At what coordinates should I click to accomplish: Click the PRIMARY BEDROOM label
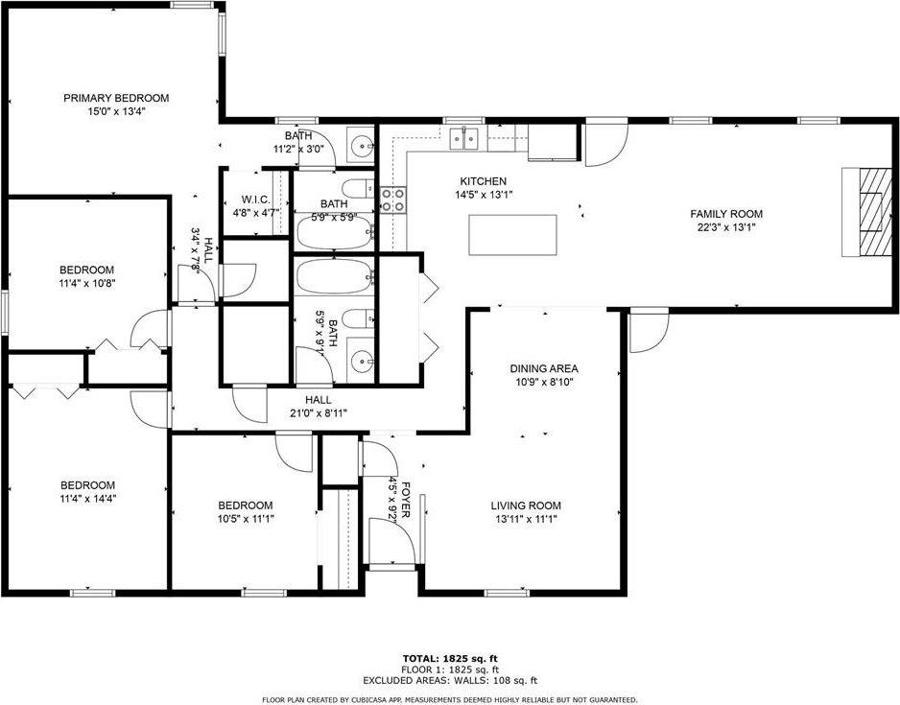116,98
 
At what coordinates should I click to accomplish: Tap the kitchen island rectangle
512,235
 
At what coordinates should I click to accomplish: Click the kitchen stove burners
393,200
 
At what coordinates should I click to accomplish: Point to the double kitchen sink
463,139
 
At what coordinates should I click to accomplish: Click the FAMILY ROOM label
726,214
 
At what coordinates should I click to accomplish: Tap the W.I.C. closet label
255,200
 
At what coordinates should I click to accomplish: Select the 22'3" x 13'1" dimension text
726,227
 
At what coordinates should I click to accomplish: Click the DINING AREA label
544,369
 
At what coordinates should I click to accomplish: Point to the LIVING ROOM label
526,505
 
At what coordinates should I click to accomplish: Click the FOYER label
405,499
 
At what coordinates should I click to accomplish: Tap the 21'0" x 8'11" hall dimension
318,413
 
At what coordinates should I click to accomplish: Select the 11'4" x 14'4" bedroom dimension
88,499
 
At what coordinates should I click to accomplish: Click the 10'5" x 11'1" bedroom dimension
245,519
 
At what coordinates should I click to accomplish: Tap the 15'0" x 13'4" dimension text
116,112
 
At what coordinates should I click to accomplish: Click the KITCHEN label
484,181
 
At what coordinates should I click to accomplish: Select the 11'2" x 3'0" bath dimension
298,149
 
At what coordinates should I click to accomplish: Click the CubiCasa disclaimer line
449,700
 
